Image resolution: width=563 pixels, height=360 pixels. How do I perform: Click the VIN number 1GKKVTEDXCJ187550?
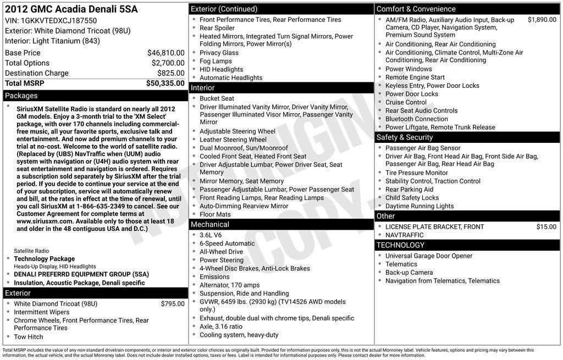click(58, 21)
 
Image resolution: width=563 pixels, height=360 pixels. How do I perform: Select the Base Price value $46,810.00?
click(165, 53)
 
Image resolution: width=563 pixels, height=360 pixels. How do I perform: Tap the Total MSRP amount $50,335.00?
click(165, 84)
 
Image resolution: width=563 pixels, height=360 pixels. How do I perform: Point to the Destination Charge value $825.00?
click(170, 73)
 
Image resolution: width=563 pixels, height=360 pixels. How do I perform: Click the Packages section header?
click(21, 96)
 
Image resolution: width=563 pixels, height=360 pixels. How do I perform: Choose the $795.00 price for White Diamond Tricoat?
click(173, 303)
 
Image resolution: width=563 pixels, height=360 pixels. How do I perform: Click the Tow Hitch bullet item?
click(29, 337)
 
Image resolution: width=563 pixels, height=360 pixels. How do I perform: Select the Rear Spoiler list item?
click(217, 28)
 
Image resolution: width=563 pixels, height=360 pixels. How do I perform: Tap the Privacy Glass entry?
click(219, 53)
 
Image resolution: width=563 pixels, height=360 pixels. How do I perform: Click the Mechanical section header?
click(209, 224)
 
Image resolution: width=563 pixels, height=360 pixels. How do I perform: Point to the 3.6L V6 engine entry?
click(211, 235)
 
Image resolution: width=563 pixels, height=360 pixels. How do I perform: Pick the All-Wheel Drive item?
click(221, 252)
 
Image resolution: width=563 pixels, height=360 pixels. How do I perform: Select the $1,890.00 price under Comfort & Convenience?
click(542, 20)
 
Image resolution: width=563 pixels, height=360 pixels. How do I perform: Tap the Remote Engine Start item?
click(415, 77)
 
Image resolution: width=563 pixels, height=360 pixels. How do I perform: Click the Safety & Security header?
click(404, 137)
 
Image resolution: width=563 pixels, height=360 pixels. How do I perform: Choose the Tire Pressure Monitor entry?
click(416, 173)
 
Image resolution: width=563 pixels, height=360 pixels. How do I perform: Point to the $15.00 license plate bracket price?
click(546, 226)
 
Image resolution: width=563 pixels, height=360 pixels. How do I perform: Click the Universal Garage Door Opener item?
click(429, 256)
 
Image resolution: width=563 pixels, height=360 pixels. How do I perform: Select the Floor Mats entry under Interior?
click(215, 214)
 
